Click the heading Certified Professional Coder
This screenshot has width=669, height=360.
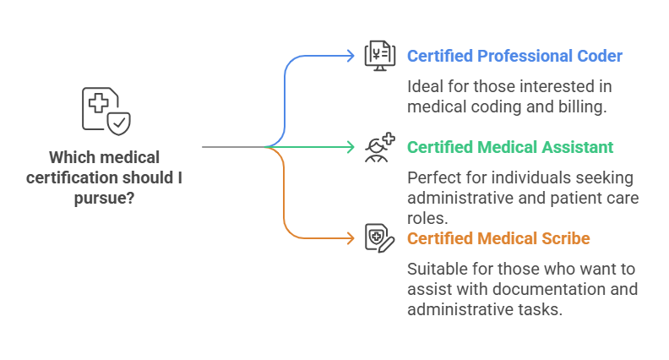pyautogui.click(x=514, y=57)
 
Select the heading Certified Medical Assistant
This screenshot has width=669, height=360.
pyautogui.click(x=510, y=147)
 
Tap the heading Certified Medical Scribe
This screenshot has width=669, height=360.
pyautogui.click(x=498, y=238)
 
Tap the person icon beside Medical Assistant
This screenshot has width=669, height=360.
pyautogui.click(x=378, y=147)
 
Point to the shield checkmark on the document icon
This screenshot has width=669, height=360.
pyautogui.click(x=119, y=123)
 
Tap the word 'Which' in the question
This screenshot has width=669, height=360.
pyautogui.click(x=72, y=157)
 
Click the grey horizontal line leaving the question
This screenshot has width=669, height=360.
pyautogui.click(x=232, y=147)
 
